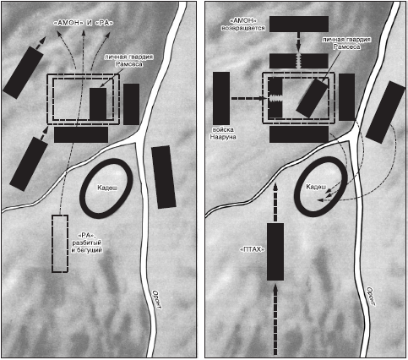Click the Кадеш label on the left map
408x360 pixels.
tap(107, 188)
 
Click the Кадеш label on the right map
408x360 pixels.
tap(316, 187)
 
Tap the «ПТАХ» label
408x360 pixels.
tap(253, 249)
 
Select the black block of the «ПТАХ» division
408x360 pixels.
tap(275, 252)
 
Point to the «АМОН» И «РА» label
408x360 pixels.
tap(84, 23)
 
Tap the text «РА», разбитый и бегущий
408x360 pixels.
tap(87, 243)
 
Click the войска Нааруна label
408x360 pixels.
tap(225, 134)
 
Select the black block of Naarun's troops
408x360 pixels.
tap(221, 98)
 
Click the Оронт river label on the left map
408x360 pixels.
tap(158, 300)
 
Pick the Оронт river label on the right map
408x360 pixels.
tap(371, 297)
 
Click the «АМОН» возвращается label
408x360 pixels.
tap(243, 25)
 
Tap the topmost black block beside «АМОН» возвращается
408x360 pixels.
tap(299, 24)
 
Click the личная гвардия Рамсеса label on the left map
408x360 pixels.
tap(129, 61)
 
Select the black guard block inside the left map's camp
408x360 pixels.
tap(98, 104)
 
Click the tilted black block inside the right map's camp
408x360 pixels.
tap(313, 98)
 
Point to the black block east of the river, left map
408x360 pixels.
tap(164, 177)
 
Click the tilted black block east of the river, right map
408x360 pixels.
tap(385, 112)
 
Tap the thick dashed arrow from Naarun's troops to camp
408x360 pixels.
tap(249, 99)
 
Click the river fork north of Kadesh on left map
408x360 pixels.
tap(139, 139)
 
